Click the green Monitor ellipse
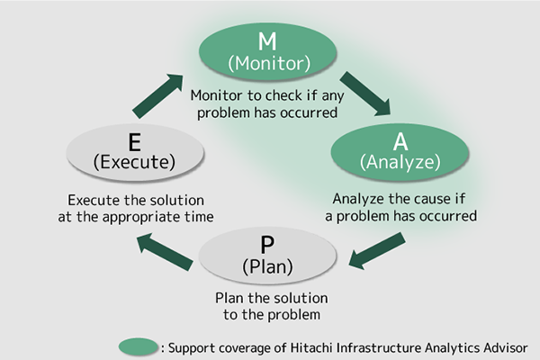tap(267, 51)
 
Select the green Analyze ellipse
tap(400, 152)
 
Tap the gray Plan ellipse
tap(267, 256)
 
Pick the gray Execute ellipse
tap(135, 153)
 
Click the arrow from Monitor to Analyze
tap(365, 94)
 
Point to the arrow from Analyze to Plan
tap(377, 251)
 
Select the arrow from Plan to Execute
tap(165, 252)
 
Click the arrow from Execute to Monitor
tap(157, 95)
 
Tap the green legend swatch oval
tap(139, 346)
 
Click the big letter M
tap(267, 41)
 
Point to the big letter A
tap(400, 141)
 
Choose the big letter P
tap(267, 245)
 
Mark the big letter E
tap(135, 142)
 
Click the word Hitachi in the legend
tap(311, 347)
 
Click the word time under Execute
tap(199, 217)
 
